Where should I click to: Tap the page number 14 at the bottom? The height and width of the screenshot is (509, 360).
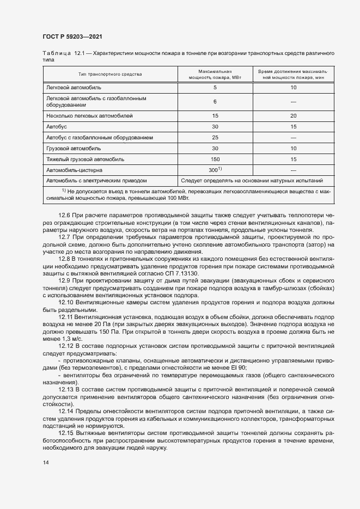point(45,462)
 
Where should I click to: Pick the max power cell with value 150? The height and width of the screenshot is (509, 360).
point(215,160)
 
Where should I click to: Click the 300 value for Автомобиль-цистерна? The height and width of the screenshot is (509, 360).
point(215,170)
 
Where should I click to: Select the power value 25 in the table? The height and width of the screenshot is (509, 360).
point(215,137)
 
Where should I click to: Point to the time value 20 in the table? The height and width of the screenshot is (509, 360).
point(293,116)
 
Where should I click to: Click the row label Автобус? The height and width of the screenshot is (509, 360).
point(56,126)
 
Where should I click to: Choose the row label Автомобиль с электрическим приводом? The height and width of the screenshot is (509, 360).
point(96,180)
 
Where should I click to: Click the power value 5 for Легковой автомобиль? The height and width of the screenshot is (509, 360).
point(215,87)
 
